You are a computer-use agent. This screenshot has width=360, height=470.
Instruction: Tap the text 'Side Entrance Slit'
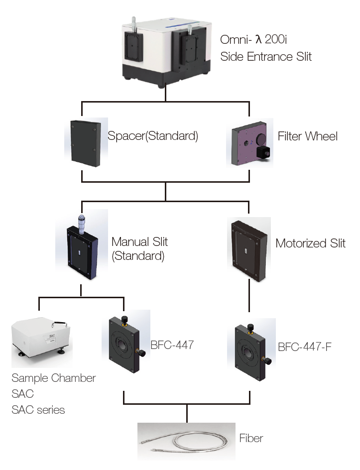266,57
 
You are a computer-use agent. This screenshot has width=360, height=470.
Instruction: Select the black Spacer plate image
86,143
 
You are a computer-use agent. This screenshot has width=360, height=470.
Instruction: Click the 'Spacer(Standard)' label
153,136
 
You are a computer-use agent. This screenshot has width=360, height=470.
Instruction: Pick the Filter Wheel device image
250,143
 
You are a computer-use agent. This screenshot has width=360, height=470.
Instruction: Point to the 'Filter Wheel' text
308,136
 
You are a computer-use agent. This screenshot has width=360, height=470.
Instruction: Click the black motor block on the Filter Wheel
263,152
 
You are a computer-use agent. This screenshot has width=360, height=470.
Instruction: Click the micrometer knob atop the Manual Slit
81,224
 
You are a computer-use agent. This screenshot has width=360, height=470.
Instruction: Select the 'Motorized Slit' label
310,243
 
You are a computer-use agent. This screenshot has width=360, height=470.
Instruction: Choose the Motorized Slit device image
249,250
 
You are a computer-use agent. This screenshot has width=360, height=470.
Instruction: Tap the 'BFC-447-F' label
305,347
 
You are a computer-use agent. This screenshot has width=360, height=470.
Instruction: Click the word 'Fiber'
251,438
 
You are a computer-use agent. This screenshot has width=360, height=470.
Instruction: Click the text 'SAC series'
38,410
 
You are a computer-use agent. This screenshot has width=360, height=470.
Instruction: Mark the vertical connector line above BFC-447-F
249,296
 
